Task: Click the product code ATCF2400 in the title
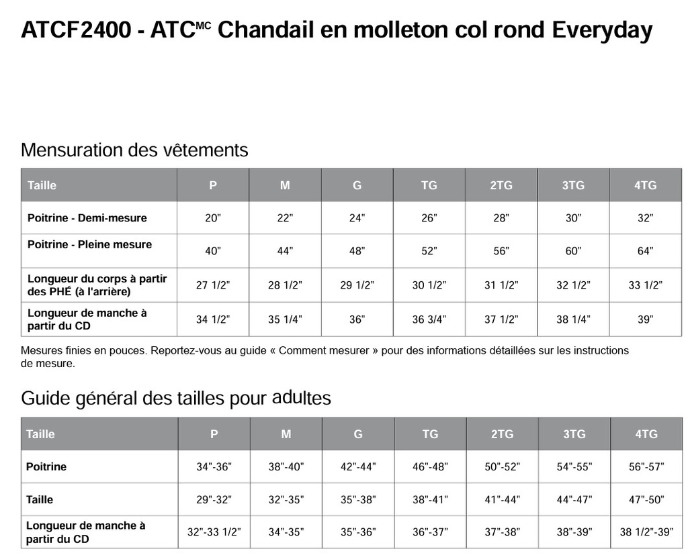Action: tap(76, 30)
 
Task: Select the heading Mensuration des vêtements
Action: tap(134, 150)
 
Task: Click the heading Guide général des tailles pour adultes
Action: tap(176, 398)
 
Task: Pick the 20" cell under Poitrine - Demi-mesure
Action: tap(213, 218)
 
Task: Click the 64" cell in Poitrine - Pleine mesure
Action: tap(645, 251)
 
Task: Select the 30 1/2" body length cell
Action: tap(429, 285)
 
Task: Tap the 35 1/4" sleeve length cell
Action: tap(285, 319)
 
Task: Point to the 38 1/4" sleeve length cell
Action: tap(573, 319)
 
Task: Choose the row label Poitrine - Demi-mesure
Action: tap(87, 218)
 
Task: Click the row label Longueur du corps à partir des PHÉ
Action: tap(97, 285)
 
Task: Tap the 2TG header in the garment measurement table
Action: tap(501, 185)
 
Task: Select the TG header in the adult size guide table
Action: tap(430, 434)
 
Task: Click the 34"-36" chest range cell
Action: tap(214, 467)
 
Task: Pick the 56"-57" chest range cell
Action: tap(646, 467)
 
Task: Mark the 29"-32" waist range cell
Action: tap(214, 500)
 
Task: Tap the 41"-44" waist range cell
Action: tap(502, 500)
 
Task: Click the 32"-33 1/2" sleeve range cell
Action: tap(214, 532)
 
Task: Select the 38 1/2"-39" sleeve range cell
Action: tap(646, 532)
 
